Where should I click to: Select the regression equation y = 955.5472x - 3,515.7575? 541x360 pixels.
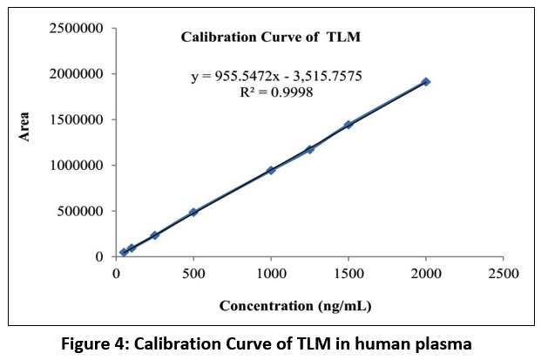coord(277,77)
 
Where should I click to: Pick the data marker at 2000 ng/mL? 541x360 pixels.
coord(425,82)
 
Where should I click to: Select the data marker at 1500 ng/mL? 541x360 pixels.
coord(348,125)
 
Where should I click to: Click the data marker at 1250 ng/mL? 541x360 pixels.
coord(309,149)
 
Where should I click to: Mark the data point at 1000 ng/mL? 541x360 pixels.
coord(271,170)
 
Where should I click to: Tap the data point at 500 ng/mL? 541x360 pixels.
coord(193,212)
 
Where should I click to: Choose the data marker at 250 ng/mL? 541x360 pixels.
coord(155,235)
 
